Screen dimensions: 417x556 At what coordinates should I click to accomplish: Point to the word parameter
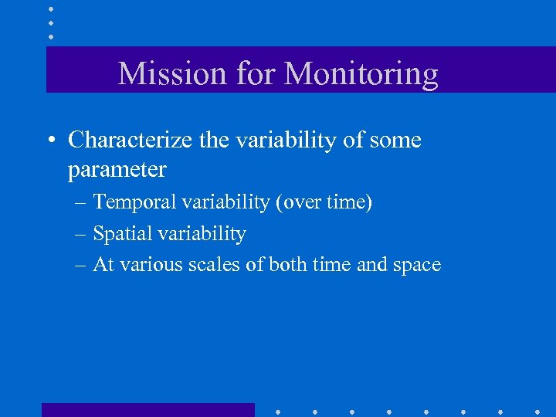coord(117,169)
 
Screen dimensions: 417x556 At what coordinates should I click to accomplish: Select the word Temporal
coord(134,203)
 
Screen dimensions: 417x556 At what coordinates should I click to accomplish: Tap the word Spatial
coord(121,234)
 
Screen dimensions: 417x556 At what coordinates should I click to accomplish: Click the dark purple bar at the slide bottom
coord(147,409)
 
